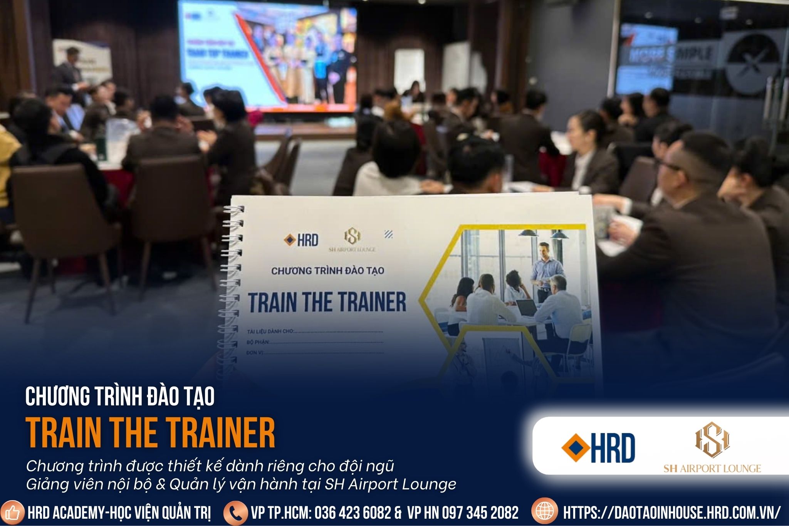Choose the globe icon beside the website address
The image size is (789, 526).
(x=544, y=512)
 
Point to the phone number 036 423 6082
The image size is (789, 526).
(x=353, y=513)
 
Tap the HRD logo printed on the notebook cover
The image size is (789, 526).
(x=301, y=240)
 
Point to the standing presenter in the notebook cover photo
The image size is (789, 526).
(x=543, y=270)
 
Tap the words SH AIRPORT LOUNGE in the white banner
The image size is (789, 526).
(x=712, y=469)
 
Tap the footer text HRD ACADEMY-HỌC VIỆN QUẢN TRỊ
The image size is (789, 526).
(x=119, y=513)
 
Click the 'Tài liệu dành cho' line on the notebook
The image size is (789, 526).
(x=314, y=331)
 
